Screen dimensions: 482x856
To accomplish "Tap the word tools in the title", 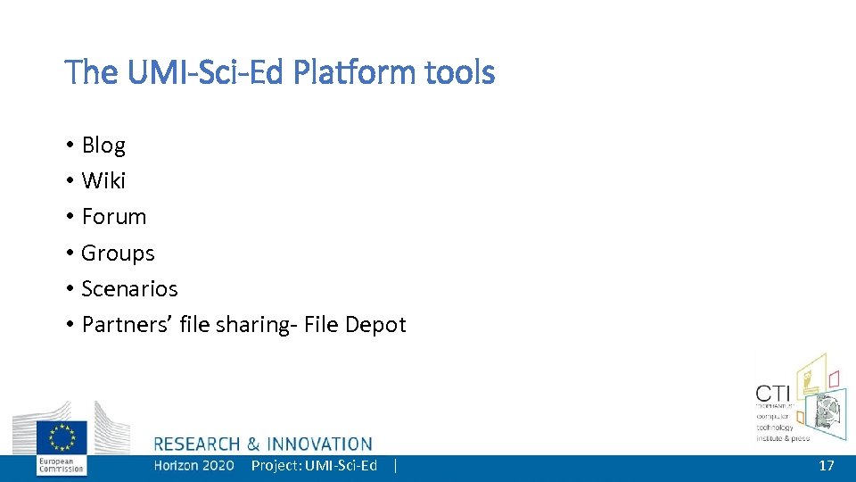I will (459, 72).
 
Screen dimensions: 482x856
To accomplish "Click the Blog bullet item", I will (103, 145).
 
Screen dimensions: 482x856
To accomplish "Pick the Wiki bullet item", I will (103, 180).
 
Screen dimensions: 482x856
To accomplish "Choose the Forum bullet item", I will (113, 217).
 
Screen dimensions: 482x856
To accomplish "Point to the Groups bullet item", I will (118, 253).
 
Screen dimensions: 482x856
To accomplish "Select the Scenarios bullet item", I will (129, 289).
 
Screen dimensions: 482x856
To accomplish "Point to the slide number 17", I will (827, 465).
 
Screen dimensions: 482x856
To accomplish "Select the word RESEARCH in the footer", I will (197, 444).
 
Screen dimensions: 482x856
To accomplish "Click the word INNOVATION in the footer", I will (320, 444).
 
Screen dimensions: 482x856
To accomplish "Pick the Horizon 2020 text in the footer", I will (193, 465).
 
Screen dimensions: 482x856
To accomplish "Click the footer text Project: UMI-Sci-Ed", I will (314, 465).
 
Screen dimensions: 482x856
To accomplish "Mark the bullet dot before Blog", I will (69, 145).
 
